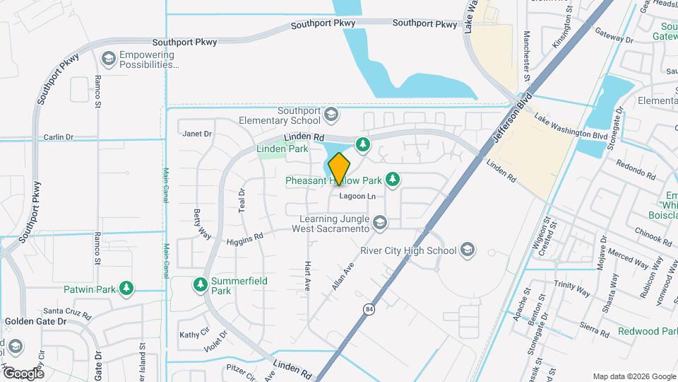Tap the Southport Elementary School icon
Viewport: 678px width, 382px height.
click(x=331, y=114)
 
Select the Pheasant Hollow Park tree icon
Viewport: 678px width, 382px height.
click(x=392, y=180)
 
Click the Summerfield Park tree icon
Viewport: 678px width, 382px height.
click(x=201, y=284)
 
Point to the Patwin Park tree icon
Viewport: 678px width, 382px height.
click(x=126, y=288)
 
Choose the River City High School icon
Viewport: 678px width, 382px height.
click(x=466, y=250)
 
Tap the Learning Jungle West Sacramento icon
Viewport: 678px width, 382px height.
click(x=380, y=224)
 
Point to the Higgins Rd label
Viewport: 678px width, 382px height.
click(x=244, y=241)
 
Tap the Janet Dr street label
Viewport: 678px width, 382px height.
click(x=197, y=133)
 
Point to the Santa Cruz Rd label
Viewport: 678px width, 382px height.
click(x=68, y=311)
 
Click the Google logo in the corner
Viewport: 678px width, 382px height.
click(x=23, y=373)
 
